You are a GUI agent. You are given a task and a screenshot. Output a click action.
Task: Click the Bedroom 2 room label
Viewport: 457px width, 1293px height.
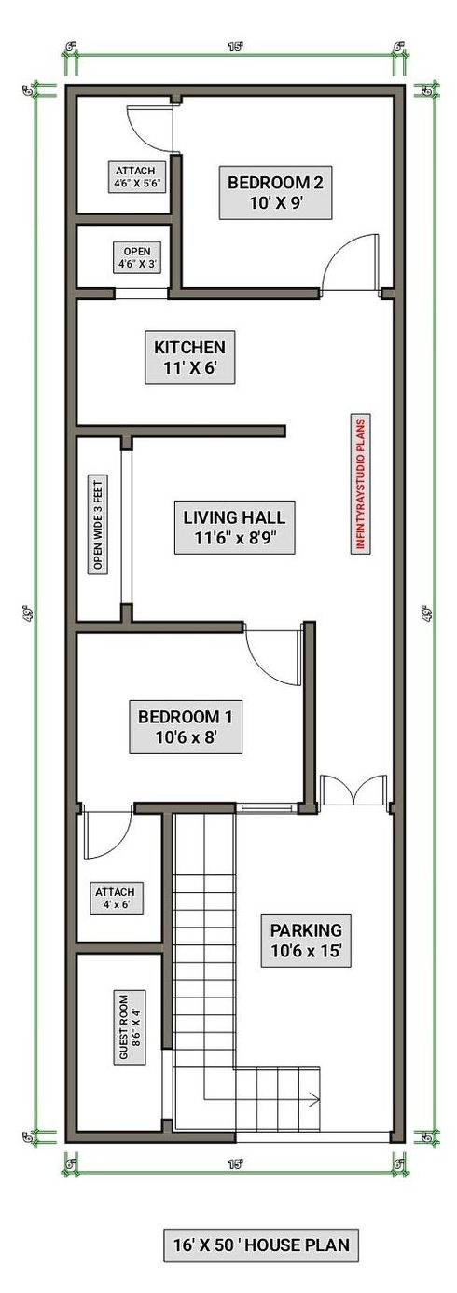(x=275, y=193)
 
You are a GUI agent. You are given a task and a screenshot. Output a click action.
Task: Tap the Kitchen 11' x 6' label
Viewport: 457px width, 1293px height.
(x=190, y=357)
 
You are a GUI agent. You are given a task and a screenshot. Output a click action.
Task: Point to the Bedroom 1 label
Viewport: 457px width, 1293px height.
(x=185, y=728)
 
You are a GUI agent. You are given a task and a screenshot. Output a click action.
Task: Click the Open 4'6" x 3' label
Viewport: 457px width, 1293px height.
(x=137, y=257)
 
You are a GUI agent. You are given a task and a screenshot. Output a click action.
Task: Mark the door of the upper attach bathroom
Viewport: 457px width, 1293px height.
(x=149, y=129)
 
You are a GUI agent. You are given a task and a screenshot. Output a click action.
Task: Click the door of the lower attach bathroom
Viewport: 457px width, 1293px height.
(x=100, y=834)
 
